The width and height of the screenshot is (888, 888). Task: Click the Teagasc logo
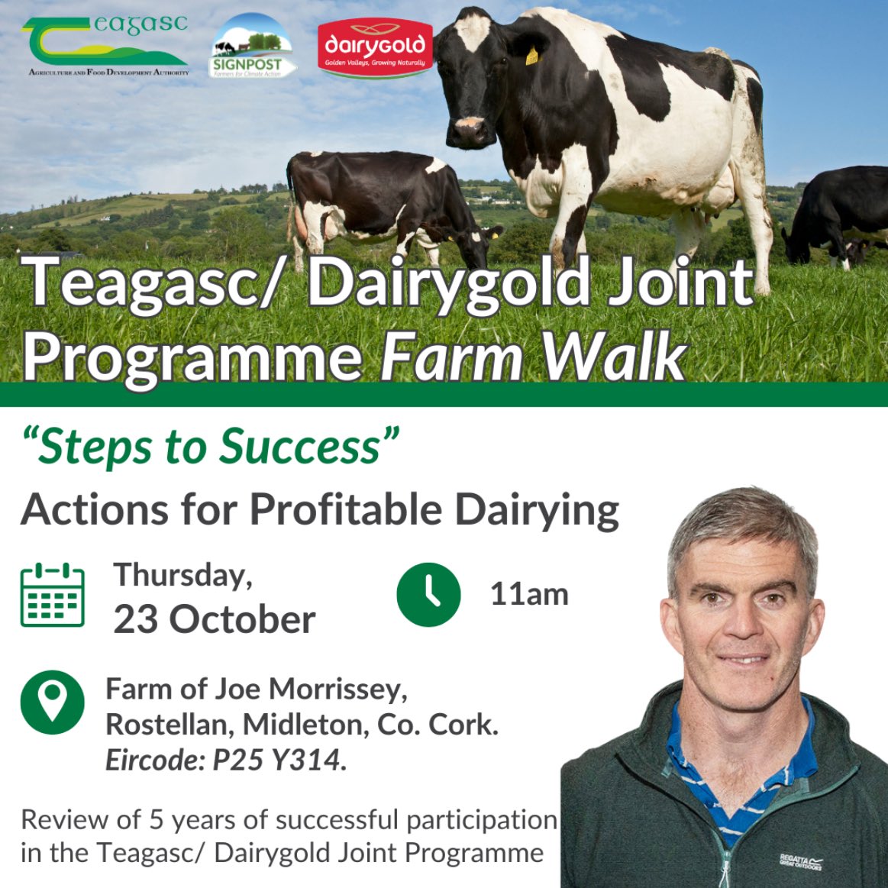pyautogui.click(x=105, y=44)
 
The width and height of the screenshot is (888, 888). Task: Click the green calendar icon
pyautogui.click(x=52, y=595)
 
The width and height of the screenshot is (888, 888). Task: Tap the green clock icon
pyautogui.click(x=428, y=595)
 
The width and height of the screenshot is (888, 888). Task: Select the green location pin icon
pyautogui.click(x=52, y=702)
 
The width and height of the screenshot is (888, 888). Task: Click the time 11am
pyautogui.click(x=529, y=594)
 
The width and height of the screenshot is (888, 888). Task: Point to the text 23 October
pyautogui.click(x=215, y=619)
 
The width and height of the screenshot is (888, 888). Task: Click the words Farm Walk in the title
pyautogui.click(x=533, y=356)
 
